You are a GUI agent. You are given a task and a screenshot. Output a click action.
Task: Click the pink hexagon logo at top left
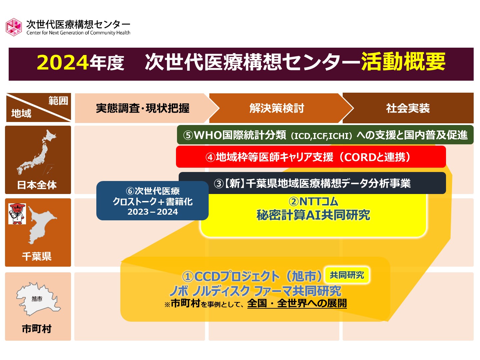[14, 27]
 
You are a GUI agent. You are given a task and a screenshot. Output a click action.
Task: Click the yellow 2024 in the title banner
[63, 63]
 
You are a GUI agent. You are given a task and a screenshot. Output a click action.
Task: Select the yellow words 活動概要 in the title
[403, 62]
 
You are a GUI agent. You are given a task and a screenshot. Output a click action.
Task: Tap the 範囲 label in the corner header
[58, 101]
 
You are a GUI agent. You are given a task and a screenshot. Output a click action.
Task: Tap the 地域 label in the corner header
[21, 113]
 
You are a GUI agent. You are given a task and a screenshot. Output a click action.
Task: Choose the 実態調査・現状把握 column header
[143, 108]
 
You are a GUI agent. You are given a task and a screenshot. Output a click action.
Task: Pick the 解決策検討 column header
[277, 108]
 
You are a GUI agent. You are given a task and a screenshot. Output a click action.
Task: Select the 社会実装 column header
[408, 108]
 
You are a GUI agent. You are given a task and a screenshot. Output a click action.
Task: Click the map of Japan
[36, 152]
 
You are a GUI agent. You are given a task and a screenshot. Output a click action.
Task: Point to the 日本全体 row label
[37, 185]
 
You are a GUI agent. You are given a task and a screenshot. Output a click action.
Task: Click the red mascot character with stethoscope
[17, 214]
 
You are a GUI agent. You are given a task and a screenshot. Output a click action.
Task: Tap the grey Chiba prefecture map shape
[42, 225]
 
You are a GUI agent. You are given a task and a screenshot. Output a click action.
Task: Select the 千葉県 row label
[37, 256]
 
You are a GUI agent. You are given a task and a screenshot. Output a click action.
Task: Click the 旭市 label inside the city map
[37, 298]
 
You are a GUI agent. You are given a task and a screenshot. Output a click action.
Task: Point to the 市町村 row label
[37, 329]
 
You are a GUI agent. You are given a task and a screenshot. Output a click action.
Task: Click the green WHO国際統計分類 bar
[325, 135]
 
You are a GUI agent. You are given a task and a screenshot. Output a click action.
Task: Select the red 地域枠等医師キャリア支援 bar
[311, 157]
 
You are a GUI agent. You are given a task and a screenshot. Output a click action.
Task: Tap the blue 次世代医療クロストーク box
[152, 201]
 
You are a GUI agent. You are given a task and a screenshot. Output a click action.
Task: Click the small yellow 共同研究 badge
[347, 275]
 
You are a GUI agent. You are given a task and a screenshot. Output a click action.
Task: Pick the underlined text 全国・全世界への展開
[297, 303]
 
